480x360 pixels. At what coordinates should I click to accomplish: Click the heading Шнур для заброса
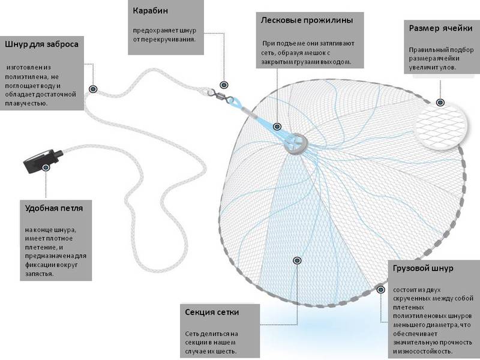pos(41,44)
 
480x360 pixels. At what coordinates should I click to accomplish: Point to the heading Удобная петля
pos(54,209)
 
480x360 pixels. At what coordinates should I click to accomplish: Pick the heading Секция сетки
pos(212,313)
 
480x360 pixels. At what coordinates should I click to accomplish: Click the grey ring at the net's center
pos(295,142)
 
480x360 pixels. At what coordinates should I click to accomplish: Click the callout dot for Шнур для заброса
pos(93,89)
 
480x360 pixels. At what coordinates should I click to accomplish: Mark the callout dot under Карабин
pos(224,85)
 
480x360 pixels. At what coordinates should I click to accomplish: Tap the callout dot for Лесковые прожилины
pos(277,127)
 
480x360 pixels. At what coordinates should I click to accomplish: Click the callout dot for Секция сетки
pos(296,260)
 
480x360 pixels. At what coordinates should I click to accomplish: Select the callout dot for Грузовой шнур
pos(381,289)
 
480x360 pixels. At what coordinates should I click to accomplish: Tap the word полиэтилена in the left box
pos(29,77)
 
